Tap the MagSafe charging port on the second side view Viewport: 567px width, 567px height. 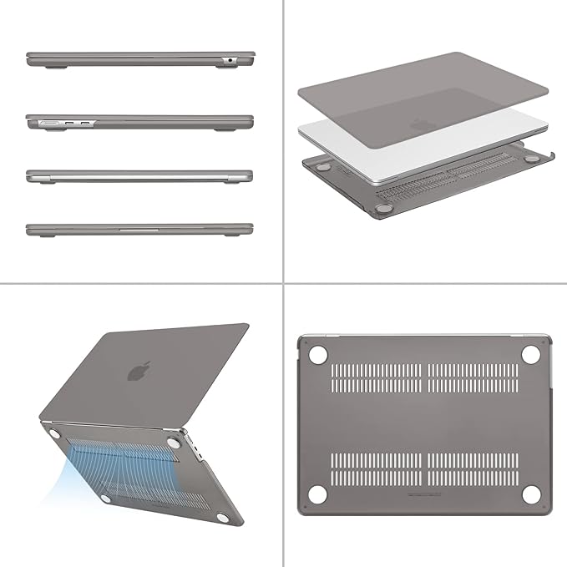tap(49, 123)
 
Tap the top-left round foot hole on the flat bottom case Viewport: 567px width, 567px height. tap(317, 354)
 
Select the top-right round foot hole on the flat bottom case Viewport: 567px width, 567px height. tap(529, 354)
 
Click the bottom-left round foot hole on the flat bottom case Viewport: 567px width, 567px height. tap(317, 494)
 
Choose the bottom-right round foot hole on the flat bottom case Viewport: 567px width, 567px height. tap(529, 494)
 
